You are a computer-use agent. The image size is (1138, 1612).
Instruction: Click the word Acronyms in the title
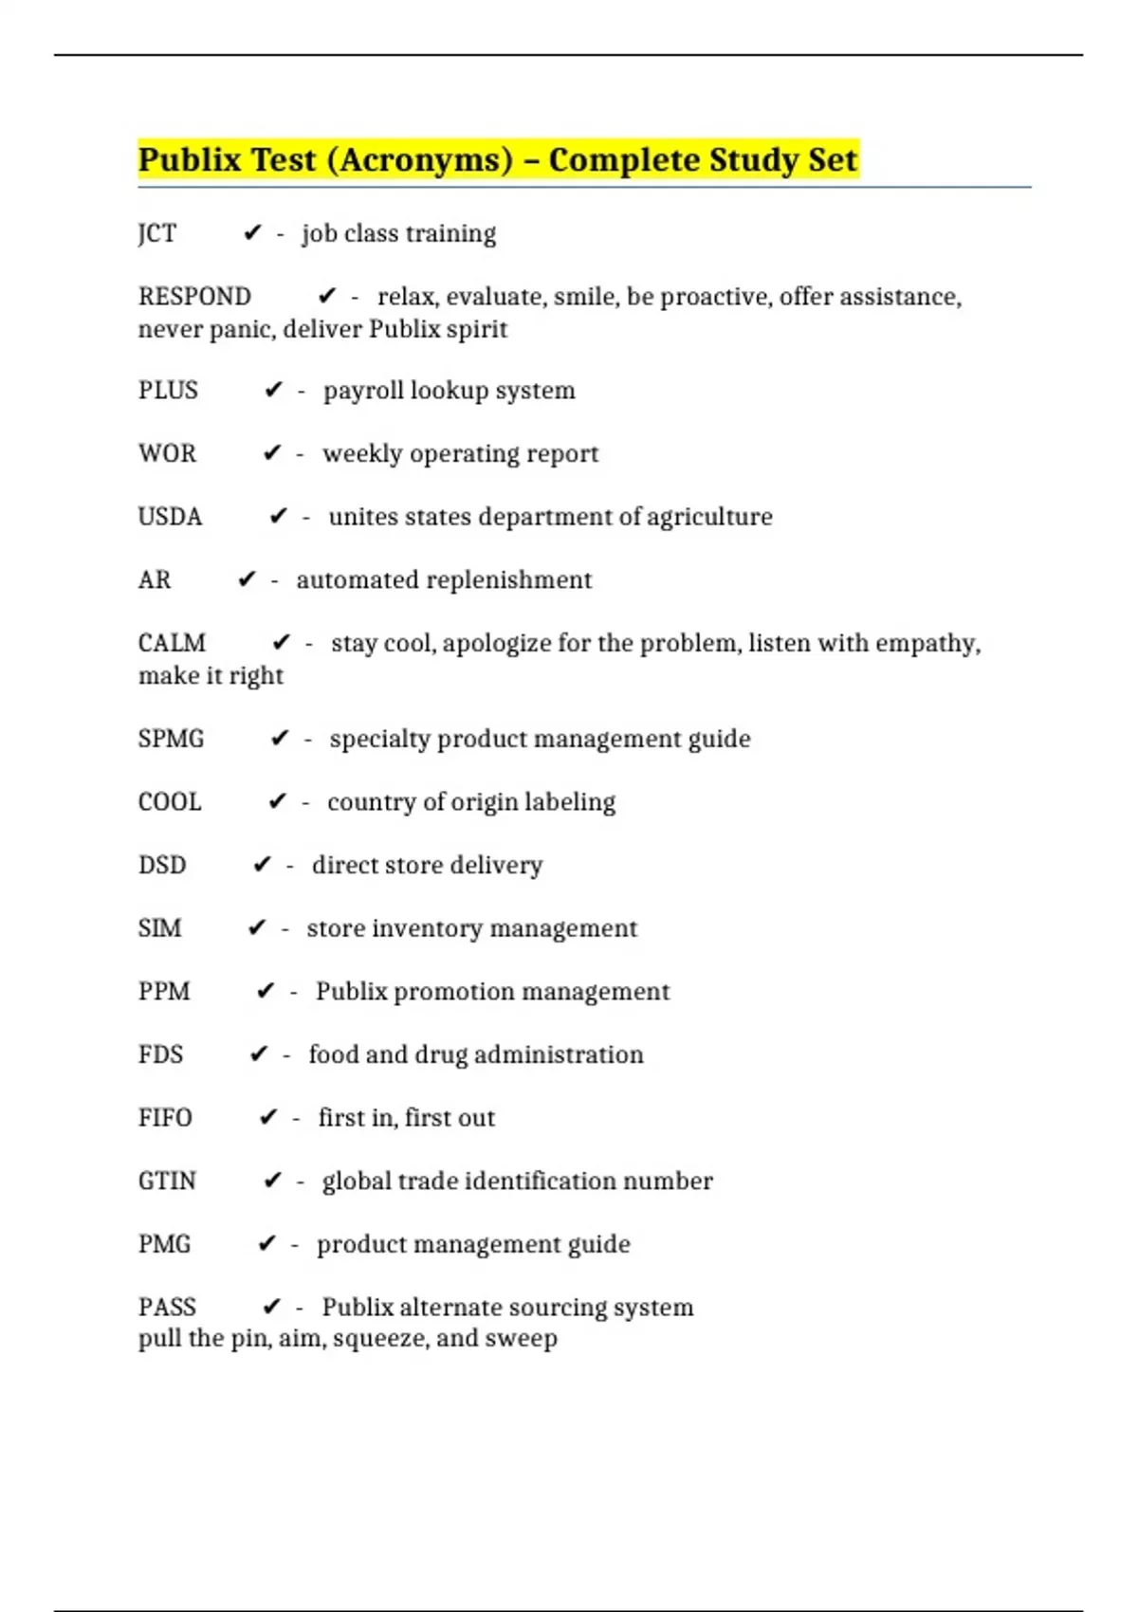click(x=419, y=160)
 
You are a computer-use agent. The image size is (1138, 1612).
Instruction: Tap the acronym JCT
click(x=157, y=233)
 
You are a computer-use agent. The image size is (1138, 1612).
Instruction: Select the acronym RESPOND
click(x=194, y=297)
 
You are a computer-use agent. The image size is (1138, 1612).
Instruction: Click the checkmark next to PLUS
click(x=273, y=390)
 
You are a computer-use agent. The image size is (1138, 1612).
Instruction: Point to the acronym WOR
click(x=167, y=453)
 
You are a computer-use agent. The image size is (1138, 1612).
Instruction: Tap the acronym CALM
click(x=172, y=643)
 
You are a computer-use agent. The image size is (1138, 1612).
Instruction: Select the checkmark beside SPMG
click(x=279, y=738)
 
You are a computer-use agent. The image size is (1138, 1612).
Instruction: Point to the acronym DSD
click(x=162, y=865)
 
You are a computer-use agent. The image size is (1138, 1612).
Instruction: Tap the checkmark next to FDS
click(x=258, y=1053)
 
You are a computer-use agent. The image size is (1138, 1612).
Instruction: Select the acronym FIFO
click(x=165, y=1118)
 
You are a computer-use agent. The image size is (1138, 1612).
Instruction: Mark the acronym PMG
click(x=164, y=1244)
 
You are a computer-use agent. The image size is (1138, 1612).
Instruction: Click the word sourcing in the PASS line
click(x=550, y=1308)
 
